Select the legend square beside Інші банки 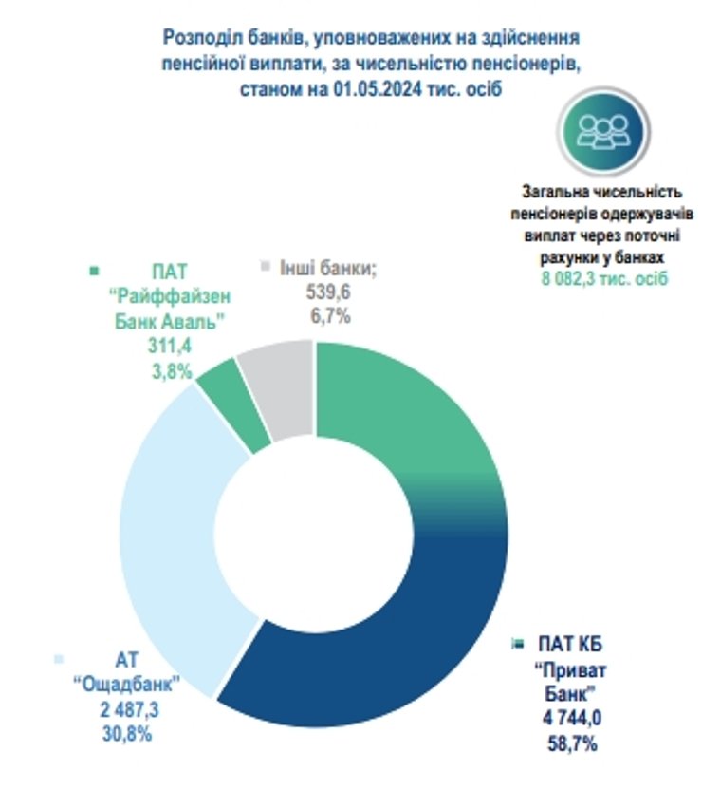point(264,266)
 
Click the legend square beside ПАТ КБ point(517,645)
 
